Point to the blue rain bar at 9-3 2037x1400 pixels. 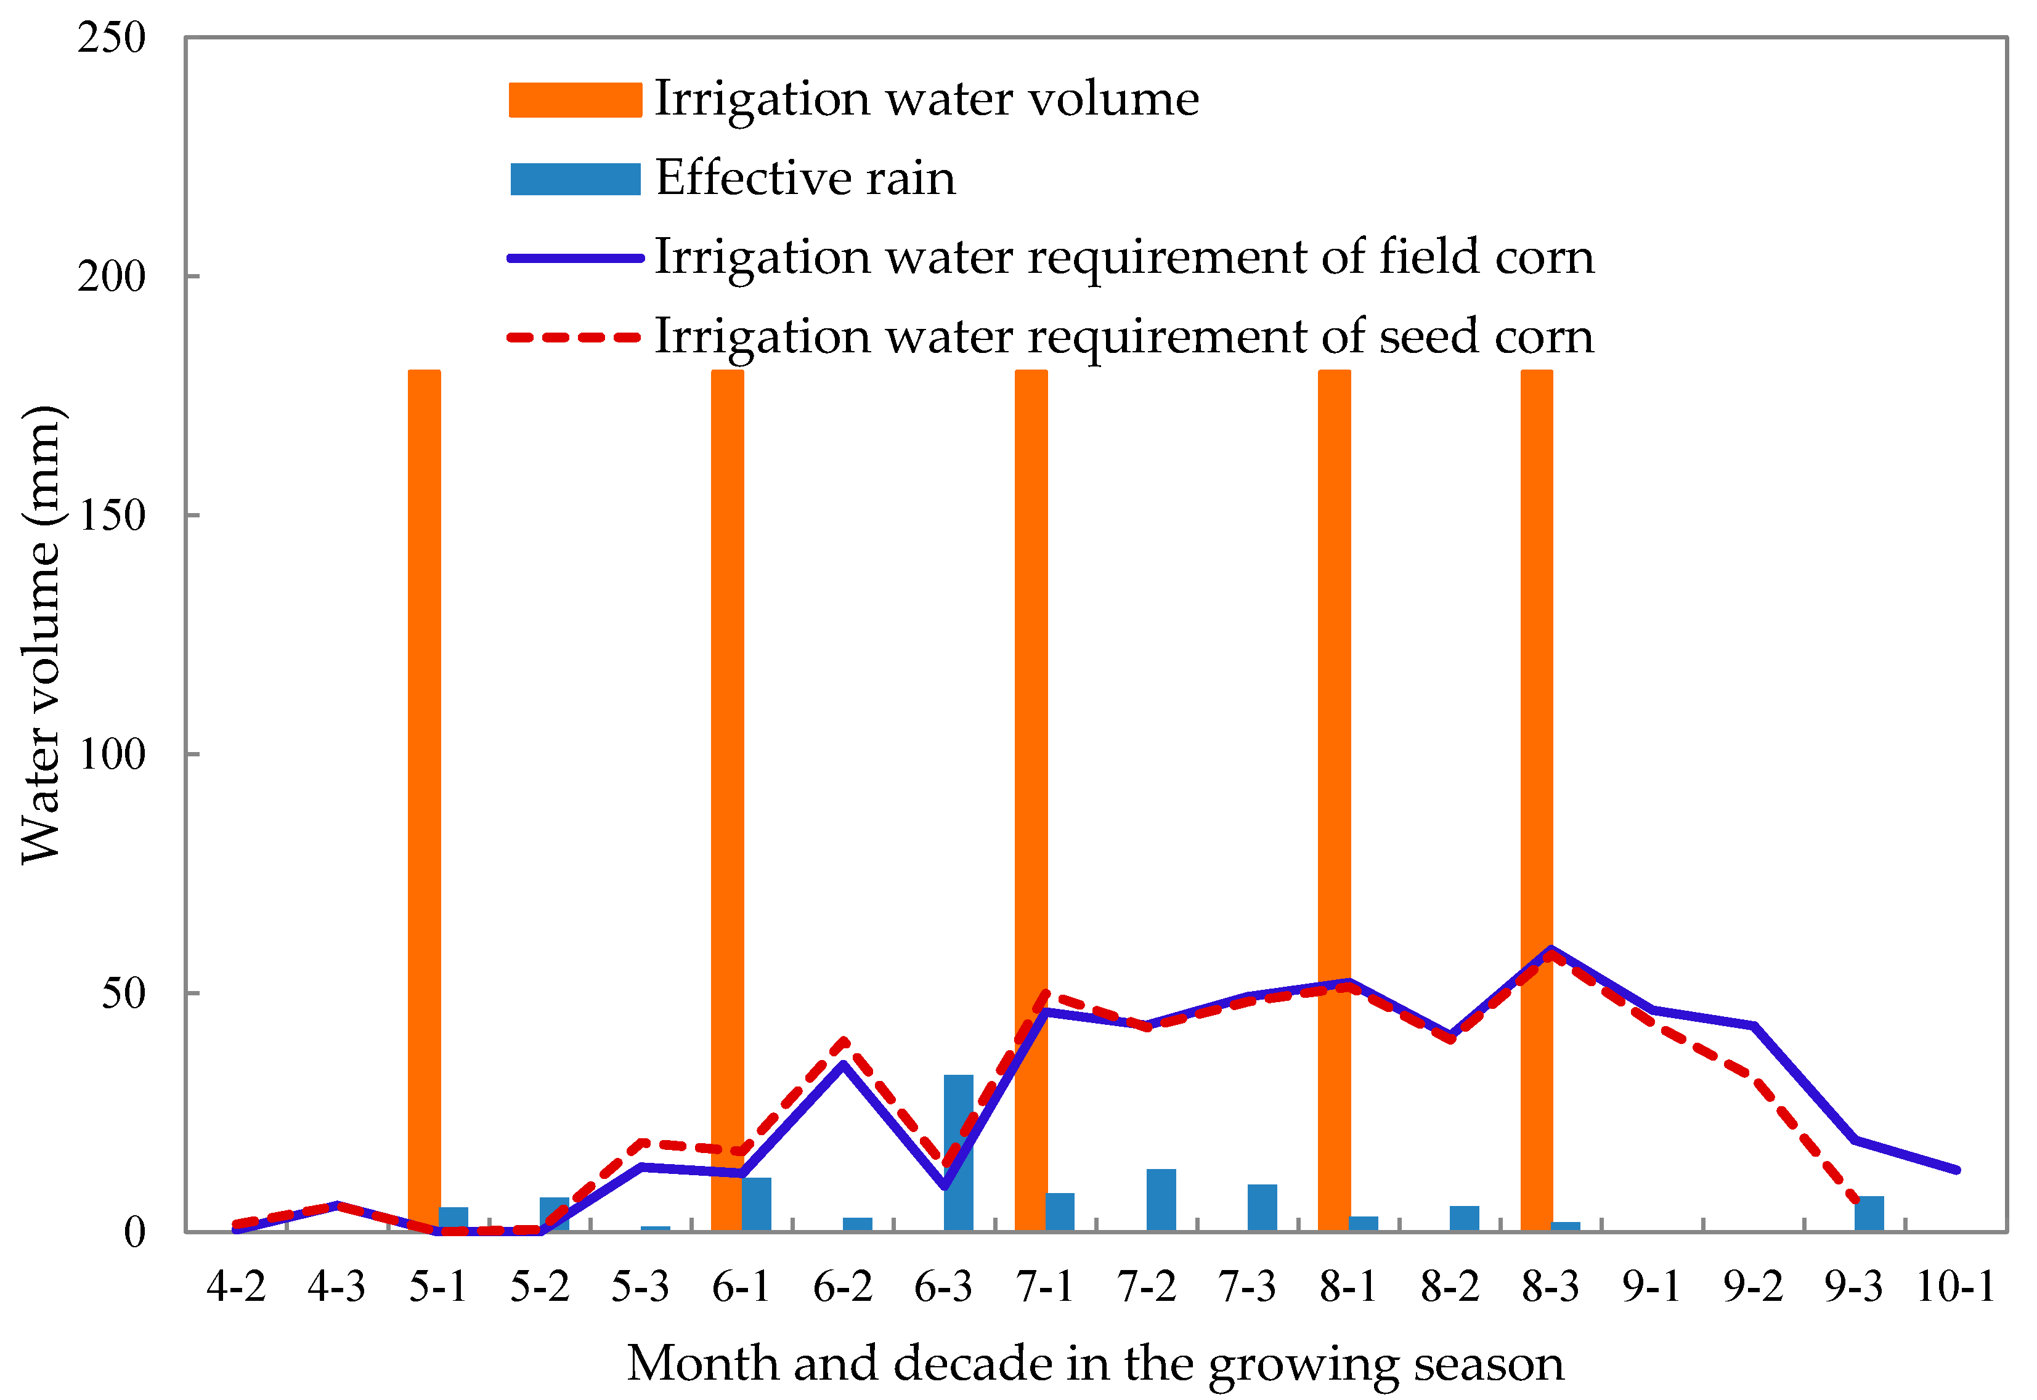pyautogui.click(x=1869, y=1214)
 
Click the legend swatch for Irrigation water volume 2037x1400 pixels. pyautogui.click(x=575, y=100)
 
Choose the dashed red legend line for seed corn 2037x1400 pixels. pyautogui.click(x=575, y=338)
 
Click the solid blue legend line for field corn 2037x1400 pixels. pyautogui.click(x=575, y=258)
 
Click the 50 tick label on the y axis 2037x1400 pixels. pyautogui.click(x=123, y=994)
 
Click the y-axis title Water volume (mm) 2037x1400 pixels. pyautogui.click(x=40, y=635)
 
